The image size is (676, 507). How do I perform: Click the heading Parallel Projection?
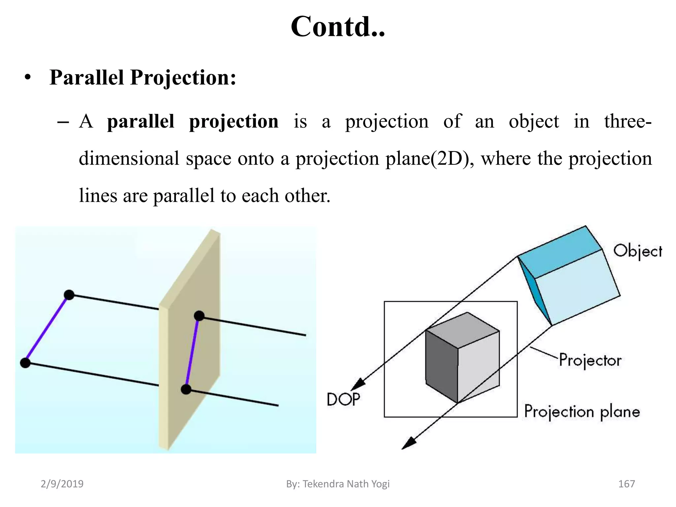[x=143, y=78]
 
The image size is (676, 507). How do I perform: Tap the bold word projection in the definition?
[x=234, y=121]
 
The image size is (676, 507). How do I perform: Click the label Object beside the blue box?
[x=637, y=252]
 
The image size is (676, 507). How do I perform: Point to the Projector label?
[x=590, y=360]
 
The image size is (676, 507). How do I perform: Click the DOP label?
[x=343, y=399]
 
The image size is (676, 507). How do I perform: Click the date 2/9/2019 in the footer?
[x=62, y=484]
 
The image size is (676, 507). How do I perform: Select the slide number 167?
[x=626, y=484]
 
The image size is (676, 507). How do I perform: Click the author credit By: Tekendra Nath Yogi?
[x=338, y=484]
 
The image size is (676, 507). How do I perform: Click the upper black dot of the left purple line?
[x=69, y=295]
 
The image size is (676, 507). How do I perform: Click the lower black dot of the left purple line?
[x=25, y=363]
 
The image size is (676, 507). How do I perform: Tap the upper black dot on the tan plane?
[x=199, y=316]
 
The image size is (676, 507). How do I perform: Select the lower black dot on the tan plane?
[x=186, y=389]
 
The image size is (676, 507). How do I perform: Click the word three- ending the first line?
[x=627, y=121]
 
